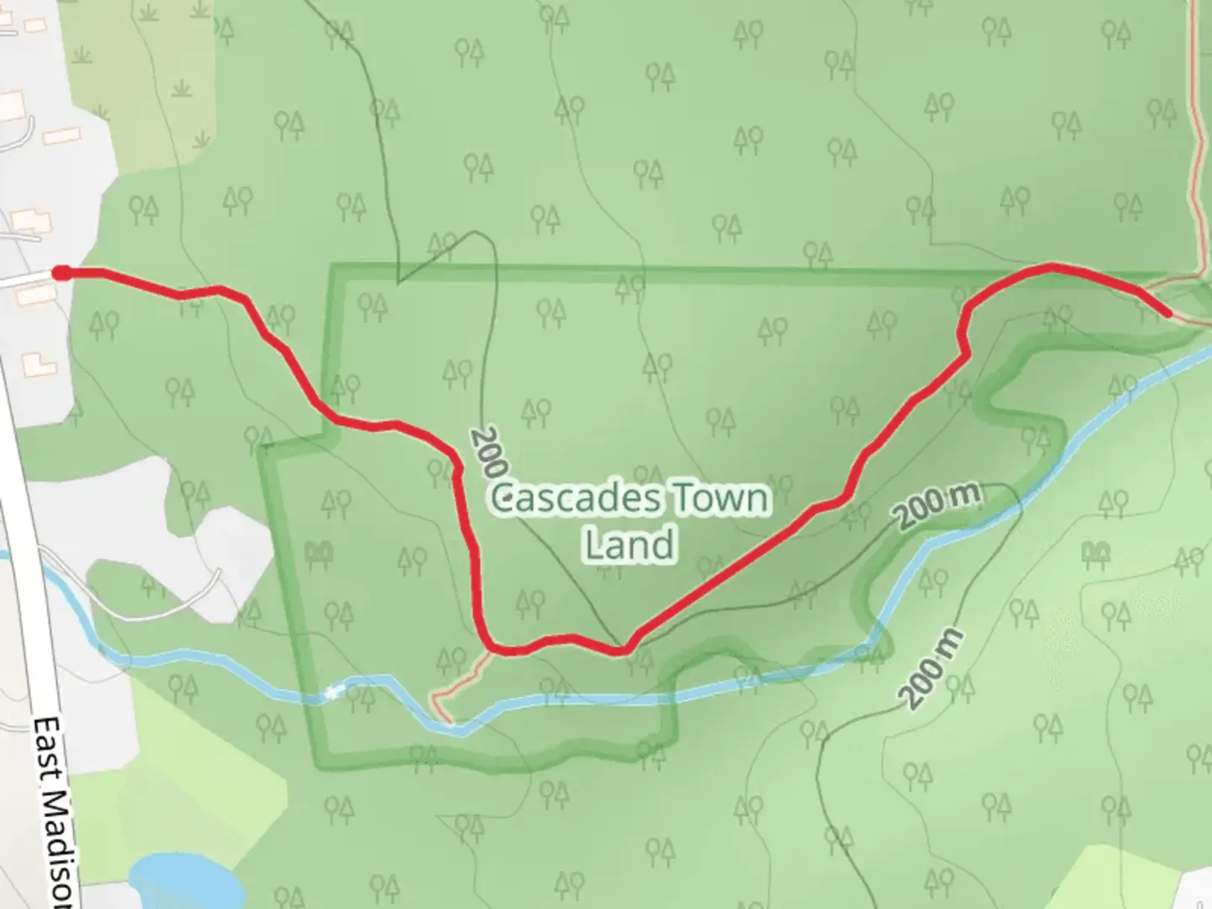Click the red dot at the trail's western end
coord(61,272)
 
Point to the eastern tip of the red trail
coord(1167,314)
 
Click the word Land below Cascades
coord(630,545)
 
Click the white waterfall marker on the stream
coord(333,692)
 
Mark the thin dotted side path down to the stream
coord(459,682)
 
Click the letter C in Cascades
coord(504,499)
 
